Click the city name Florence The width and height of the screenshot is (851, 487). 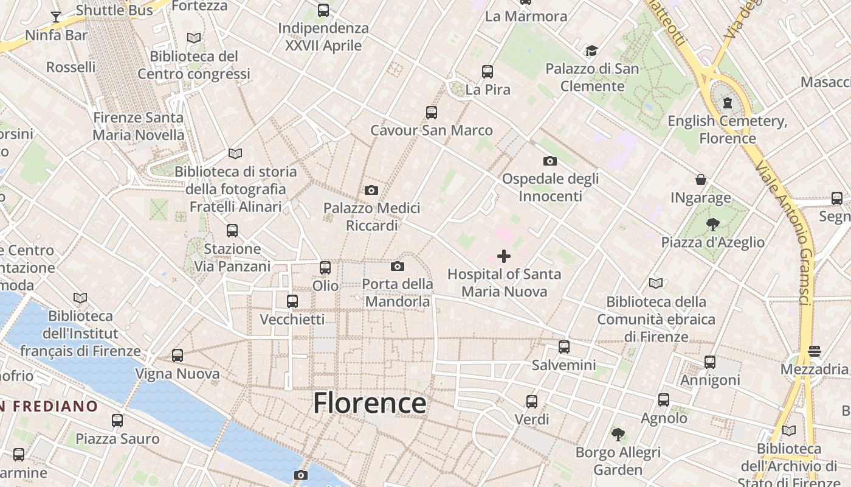pos(370,403)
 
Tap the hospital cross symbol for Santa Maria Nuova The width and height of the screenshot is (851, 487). pos(504,256)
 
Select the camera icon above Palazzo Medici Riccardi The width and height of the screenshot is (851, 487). pos(371,190)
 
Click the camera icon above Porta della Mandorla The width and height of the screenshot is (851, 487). pos(398,266)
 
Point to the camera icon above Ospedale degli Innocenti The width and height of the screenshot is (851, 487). pos(550,161)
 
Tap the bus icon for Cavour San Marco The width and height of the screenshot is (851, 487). pos(432,112)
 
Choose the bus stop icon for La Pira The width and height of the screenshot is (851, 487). pos(488,72)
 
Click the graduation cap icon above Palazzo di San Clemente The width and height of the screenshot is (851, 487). pos(591,51)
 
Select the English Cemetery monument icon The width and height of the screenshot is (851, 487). pos(728,103)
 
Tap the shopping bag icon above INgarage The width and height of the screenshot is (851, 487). pos(701,180)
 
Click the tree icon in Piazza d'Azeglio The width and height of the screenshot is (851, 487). pos(713,225)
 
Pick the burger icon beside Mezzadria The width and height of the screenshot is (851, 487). pos(815,351)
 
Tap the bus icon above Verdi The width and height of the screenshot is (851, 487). pos(532,401)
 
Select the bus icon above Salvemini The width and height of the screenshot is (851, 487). pos(564,347)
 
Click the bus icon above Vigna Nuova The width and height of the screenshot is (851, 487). pos(177,356)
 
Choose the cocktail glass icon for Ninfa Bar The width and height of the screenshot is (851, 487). pos(56,17)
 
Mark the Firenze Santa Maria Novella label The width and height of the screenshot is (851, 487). pos(139,126)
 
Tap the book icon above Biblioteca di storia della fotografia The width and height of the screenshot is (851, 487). pos(235,153)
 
